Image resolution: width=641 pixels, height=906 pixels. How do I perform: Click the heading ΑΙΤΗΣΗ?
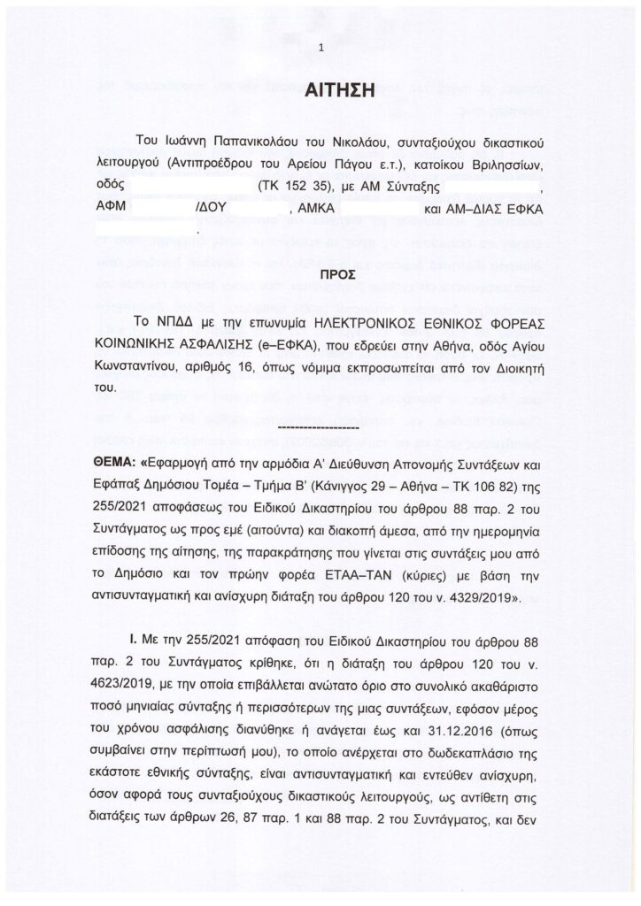tap(321, 89)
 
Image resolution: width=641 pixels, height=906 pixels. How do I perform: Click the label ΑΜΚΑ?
tap(318, 210)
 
